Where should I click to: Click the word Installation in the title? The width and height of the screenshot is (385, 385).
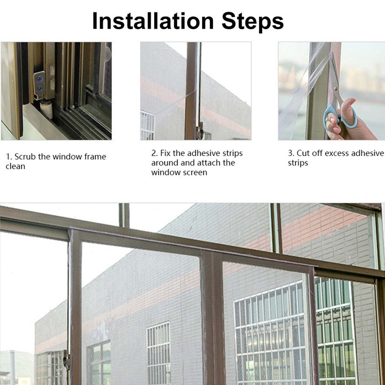(x=153, y=21)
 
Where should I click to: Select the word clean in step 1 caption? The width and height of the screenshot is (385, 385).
(x=15, y=166)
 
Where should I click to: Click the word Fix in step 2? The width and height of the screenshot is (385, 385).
(x=166, y=153)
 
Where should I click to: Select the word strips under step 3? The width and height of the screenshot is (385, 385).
(x=298, y=163)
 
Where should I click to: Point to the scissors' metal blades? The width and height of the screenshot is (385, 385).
(x=334, y=79)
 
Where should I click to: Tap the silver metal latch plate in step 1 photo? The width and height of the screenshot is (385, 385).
(x=39, y=85)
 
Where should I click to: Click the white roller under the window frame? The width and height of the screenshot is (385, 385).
(x=46, y=109)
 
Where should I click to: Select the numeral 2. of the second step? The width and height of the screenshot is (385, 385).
(x=154, y=153)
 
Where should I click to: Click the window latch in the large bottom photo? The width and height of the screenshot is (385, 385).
(x=66, y=359)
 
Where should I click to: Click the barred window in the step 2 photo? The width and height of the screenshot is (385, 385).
(x=147, y=125)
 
